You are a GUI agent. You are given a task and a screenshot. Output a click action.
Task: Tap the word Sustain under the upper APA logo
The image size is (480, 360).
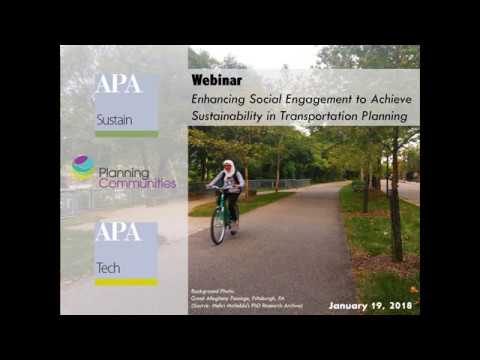coord(114,119)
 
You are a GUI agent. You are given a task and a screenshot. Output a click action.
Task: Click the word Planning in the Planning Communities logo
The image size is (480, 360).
coord(123,172)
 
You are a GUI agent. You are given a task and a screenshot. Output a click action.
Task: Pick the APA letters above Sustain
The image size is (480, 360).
coord(118,86)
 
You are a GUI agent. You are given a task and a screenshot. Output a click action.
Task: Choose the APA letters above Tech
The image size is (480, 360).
coord(118,234)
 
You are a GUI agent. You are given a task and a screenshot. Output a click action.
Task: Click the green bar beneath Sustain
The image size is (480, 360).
coord(126,133)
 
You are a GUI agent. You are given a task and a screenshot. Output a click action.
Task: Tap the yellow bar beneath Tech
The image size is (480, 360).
coord(126,282)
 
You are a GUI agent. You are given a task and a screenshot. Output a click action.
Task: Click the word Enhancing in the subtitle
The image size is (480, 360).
coord(218,99)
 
